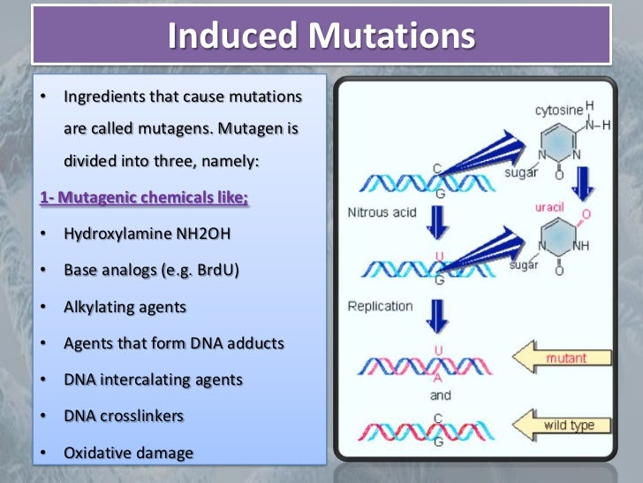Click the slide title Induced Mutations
[321, 35]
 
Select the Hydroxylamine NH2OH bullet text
[147, 235]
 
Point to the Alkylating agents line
[125, 308]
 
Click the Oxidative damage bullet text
[128, 452]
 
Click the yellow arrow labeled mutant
[559, 358]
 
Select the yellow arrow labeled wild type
[559, 425]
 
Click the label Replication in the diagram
[380, 306]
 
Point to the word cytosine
[559, 111]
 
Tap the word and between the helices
[441, 395]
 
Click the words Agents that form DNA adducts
[174, 343]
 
